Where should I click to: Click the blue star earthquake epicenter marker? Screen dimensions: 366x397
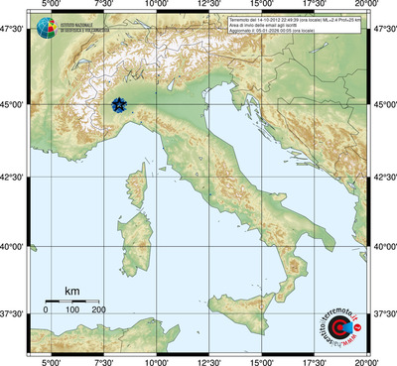(x=119, y=104)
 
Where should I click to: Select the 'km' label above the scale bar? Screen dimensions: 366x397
(x=71, y=291)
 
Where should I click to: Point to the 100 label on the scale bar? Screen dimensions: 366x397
(x=72, y=310)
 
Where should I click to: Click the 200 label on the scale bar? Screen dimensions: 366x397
(x=99, y=310)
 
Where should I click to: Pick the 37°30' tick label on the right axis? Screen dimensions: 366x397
(x=384, y=313)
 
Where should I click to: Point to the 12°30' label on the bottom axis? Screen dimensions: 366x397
(x=208, y=360)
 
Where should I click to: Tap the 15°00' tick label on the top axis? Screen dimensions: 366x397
(x=262, y=7)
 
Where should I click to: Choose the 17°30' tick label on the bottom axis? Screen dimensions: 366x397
(x=315, y=360)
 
